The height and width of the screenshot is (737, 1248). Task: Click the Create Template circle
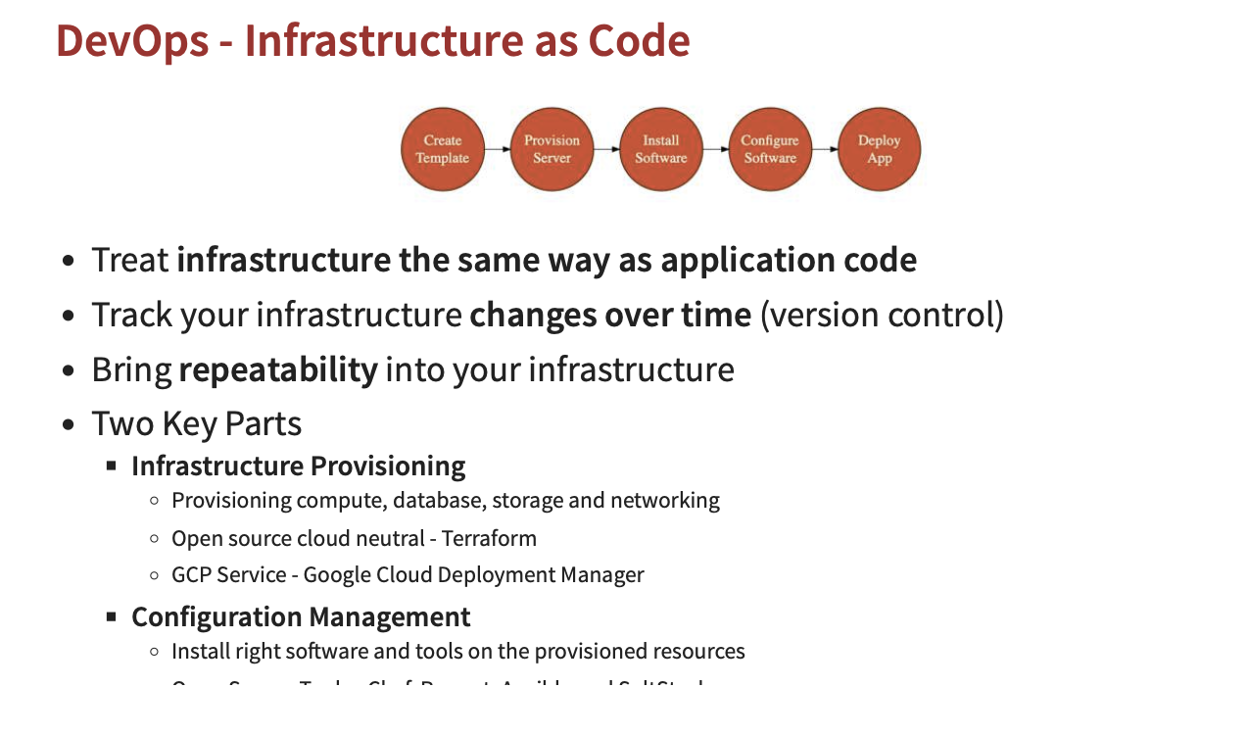pos(443,149)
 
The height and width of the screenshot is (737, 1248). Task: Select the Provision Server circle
pos(552,149)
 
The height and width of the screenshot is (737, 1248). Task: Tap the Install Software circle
pos(661,149)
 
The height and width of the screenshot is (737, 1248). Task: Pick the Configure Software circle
pos(770,149)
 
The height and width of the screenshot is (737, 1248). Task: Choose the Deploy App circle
pos(879,149)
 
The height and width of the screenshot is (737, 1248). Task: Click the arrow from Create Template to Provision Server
pos(499,149)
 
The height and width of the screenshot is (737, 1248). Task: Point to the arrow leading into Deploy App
pos(826,149)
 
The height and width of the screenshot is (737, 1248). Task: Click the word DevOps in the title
pos(132,41)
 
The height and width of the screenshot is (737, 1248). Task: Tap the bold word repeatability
pos(278,369)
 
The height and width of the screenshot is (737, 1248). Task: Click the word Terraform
pos(489,538)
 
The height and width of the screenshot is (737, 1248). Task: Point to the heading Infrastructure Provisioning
pos(299,466)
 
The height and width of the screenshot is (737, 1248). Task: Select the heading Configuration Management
pos(301,616)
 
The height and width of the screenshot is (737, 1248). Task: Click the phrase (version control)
pos(882,315)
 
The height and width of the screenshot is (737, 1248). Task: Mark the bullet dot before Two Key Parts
pos(69,425)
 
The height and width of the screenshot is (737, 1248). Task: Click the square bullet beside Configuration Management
pos(112,616)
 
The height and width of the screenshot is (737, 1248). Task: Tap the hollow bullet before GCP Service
pos(154,575)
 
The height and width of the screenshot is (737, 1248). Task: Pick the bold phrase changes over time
pos(610,315)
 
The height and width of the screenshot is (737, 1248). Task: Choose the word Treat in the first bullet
pos(129,260)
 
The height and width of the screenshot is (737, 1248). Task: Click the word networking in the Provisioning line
pos(665,501)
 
